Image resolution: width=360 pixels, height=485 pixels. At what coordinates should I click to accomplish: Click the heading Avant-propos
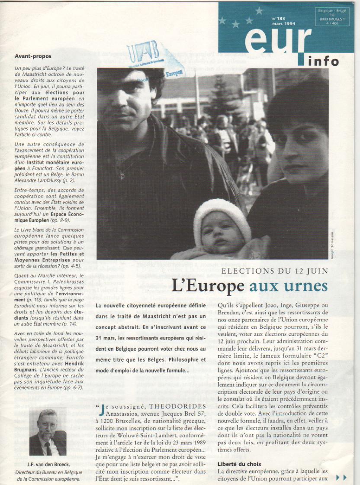click(33, 56)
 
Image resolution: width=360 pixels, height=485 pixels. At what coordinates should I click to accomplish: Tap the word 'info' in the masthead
click(323, 61)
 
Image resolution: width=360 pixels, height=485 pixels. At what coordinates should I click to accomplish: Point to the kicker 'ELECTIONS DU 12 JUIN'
click(281, 271)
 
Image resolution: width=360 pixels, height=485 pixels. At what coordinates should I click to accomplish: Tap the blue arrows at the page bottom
click(341, 477)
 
